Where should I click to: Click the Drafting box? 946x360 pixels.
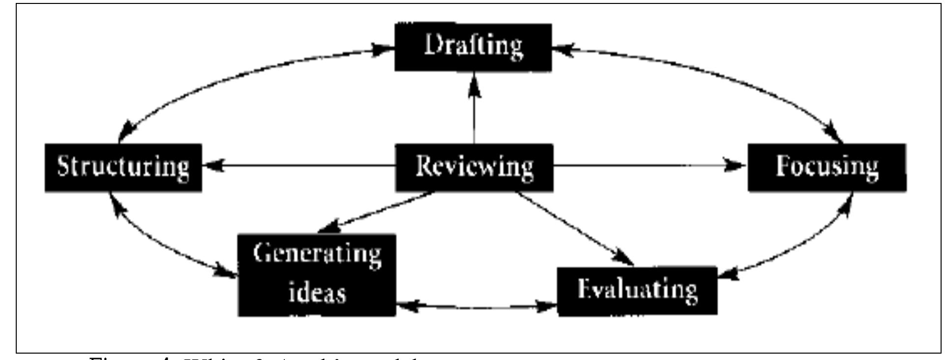click(473, 47)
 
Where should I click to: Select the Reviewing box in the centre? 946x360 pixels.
click(474, 167)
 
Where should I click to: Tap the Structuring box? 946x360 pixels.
click(123, 167)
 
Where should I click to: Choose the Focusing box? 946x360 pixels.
click(827, 167)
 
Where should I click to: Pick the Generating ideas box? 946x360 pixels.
click(317, 274)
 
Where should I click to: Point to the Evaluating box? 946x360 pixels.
click(637, 290)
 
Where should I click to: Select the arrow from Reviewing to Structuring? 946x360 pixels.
click(300, 167)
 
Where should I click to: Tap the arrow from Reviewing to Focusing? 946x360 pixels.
click(649, 166)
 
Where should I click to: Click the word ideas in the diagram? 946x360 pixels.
click(317, 293)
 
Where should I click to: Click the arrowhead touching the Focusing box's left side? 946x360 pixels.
click(737, 166)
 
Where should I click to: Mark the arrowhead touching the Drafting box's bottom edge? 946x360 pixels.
click(474, 81)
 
